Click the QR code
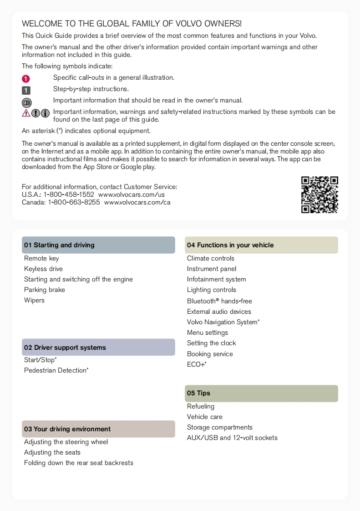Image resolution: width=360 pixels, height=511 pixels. pos(319,194)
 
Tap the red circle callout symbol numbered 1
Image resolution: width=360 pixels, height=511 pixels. pos(26,78)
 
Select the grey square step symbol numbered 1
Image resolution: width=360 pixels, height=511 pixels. pos(26,90)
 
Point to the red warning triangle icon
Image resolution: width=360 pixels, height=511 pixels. pos(26,113)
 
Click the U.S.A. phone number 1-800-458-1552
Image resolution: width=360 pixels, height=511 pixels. pos(69,194)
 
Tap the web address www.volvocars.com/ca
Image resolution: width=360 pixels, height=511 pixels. pos(137,202)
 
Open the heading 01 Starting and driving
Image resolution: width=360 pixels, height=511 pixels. pos(59,245)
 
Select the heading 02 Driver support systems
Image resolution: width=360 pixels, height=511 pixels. pos(65,347)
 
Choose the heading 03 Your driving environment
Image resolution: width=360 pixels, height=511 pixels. pos(67,429)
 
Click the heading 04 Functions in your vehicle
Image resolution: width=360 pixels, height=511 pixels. pos(230,245)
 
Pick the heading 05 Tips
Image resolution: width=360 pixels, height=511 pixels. pos(198,393)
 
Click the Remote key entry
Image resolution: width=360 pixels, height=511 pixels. pos(41,258)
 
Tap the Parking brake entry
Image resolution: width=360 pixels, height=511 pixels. pos(45,290)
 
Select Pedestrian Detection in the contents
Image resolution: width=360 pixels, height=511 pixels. pos(56,370)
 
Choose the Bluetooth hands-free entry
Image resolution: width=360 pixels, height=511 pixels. pos(219,301)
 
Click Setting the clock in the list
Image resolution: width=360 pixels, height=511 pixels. pos(212,343)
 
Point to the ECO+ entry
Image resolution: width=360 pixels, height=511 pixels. pos(197,364)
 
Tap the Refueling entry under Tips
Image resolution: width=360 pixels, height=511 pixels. pos(201,406)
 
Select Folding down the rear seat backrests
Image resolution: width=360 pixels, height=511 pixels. pos(79,463)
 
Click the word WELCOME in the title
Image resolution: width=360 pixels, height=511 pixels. pos(41,24)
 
